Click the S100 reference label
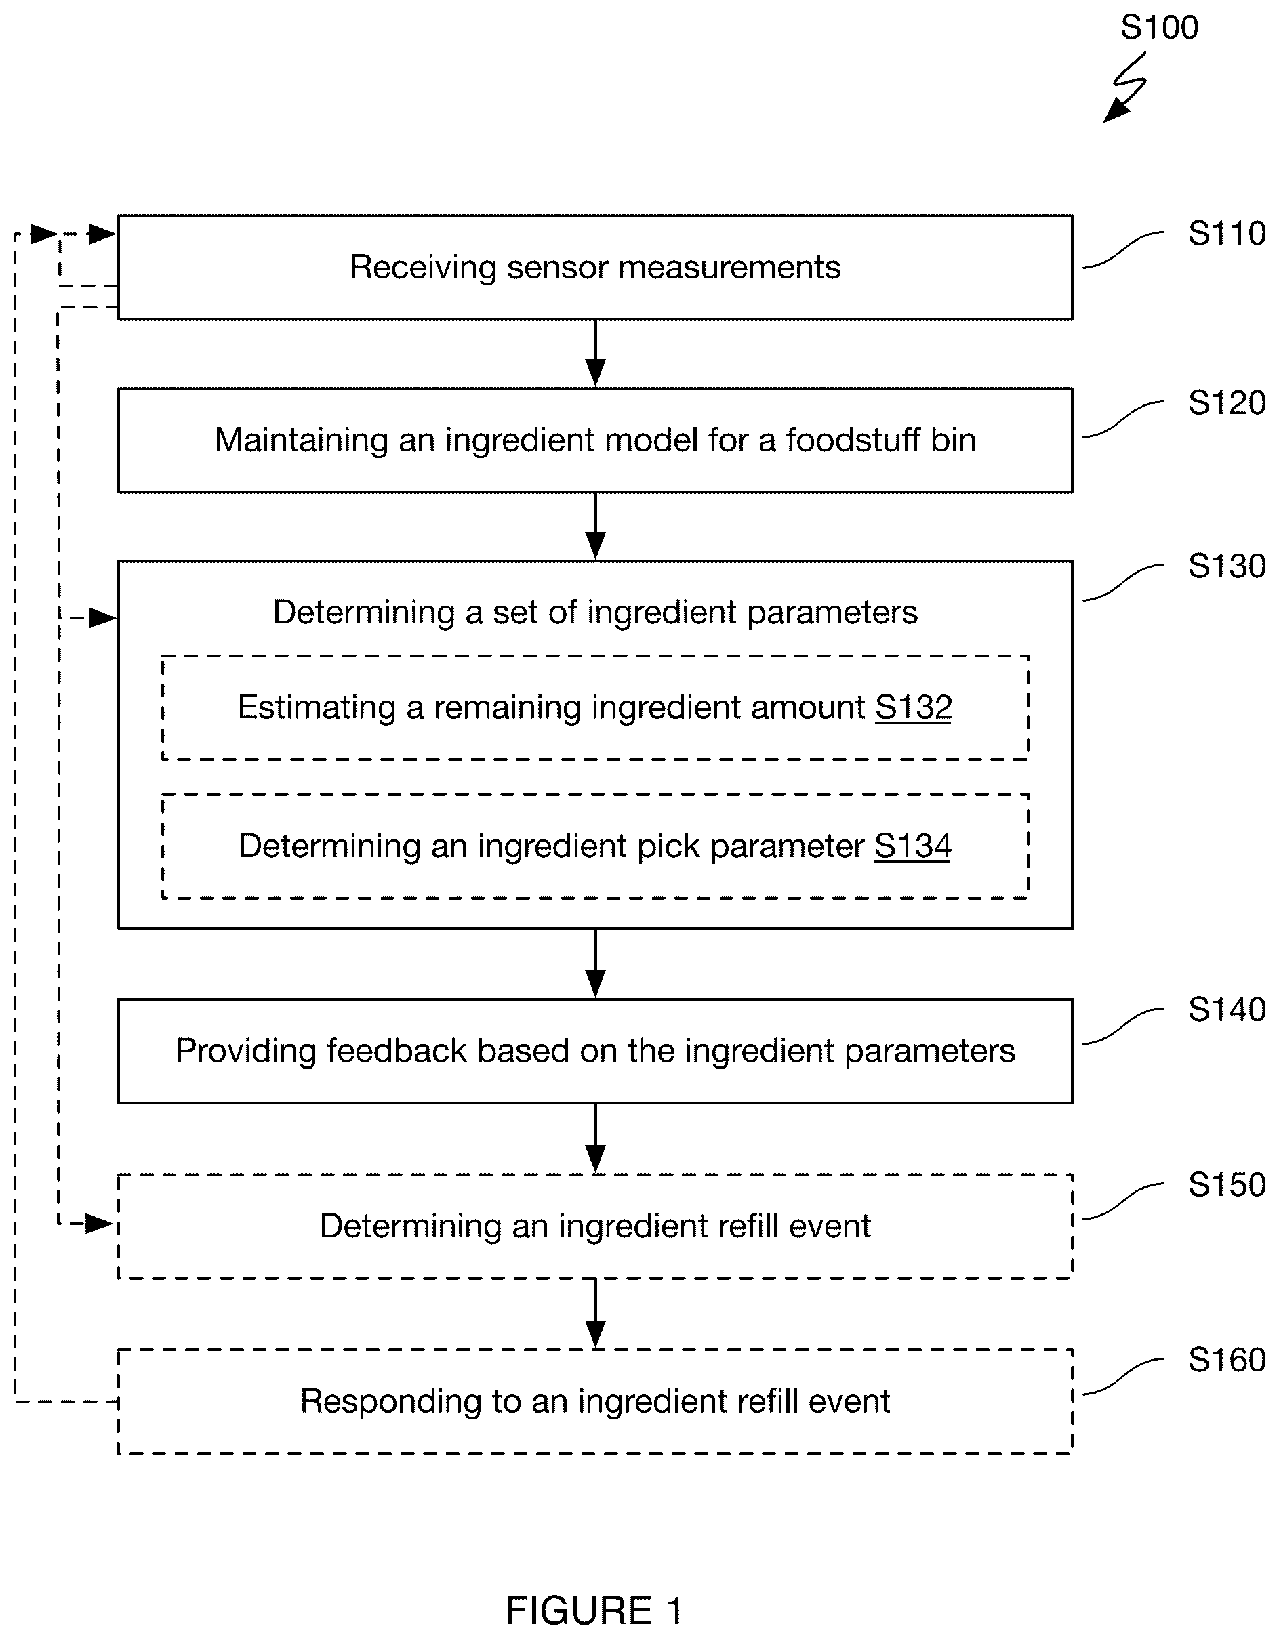tap(1159, 28)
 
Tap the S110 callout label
tap(1226, 233)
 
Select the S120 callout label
tap(1226, 403)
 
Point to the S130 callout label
tap(1226, 566)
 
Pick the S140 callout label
tap(1226, 1010)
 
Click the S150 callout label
tap(1226, 1184)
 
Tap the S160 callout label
tap(1226, 1359)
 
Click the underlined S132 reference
tap(914, 707)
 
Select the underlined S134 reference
tap(913, 846)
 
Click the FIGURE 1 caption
tap(594, 1611)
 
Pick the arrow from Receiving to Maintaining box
tap(595, 354)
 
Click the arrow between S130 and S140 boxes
tap(595, 963)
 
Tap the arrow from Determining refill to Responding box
tap(595, 1313)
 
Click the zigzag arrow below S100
tap(1126, 87)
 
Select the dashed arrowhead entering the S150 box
tap(101, 1224)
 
